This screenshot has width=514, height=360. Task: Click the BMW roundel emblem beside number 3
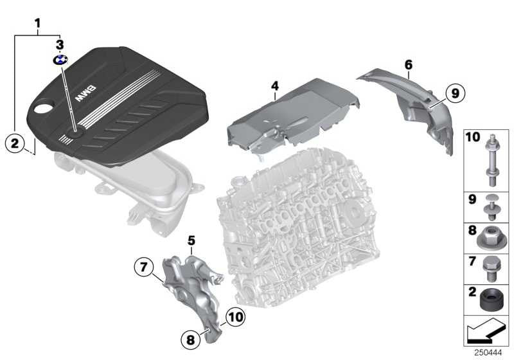coord(60,59)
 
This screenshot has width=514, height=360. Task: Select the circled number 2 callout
coord(15,143)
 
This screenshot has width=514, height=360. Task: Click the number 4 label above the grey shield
coord(274,85)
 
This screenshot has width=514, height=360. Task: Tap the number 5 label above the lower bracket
coord(191,240)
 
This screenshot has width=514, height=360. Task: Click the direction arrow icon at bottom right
coord(486,333)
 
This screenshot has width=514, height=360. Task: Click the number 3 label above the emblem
coord(60,44)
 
